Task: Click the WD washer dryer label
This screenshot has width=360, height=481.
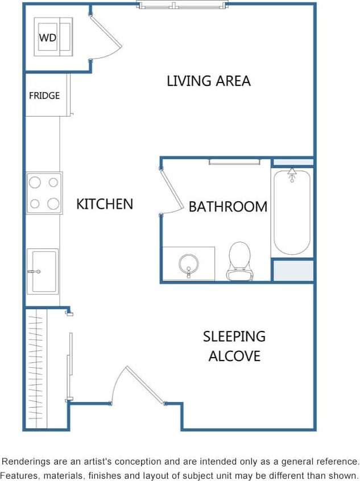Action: pyautogui.click(x=47, y=38)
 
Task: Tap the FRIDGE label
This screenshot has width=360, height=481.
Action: pyautogui.click(x=44, y=96)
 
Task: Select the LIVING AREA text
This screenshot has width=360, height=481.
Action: pyautogui.click(x=208, y=81)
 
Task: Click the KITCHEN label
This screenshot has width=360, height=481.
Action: pyautogui.click(x=105, y=204)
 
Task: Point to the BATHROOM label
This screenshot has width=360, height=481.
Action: pyautogui.click(x=227, y=206)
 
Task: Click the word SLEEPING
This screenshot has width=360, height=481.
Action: pyautogui.click(x=234, y=336)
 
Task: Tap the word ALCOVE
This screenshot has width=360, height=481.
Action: pyautogui.click(x=234, y=356)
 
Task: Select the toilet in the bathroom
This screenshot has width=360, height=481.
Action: pyautogui.click(x=239, y=261)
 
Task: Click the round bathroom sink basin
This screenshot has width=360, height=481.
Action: pyautogui.click(x=188, y=263)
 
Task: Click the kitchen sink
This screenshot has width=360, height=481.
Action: pyautogui.click(x=43, y=271)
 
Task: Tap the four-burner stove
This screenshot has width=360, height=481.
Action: pyautogui.click(x=44, y=193)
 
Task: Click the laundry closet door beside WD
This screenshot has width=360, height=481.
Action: pyautogui.click(x=106, y=33)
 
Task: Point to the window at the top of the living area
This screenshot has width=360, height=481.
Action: pyautogui.click(x=183, y=6)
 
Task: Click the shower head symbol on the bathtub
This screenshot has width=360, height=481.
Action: pyautogui.click(x=292, y=173)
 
